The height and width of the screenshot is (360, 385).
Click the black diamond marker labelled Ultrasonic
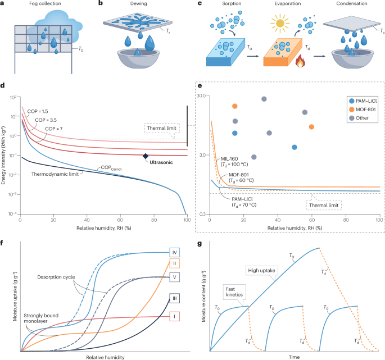(145, 156)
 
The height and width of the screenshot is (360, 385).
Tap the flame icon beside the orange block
(300, 57)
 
